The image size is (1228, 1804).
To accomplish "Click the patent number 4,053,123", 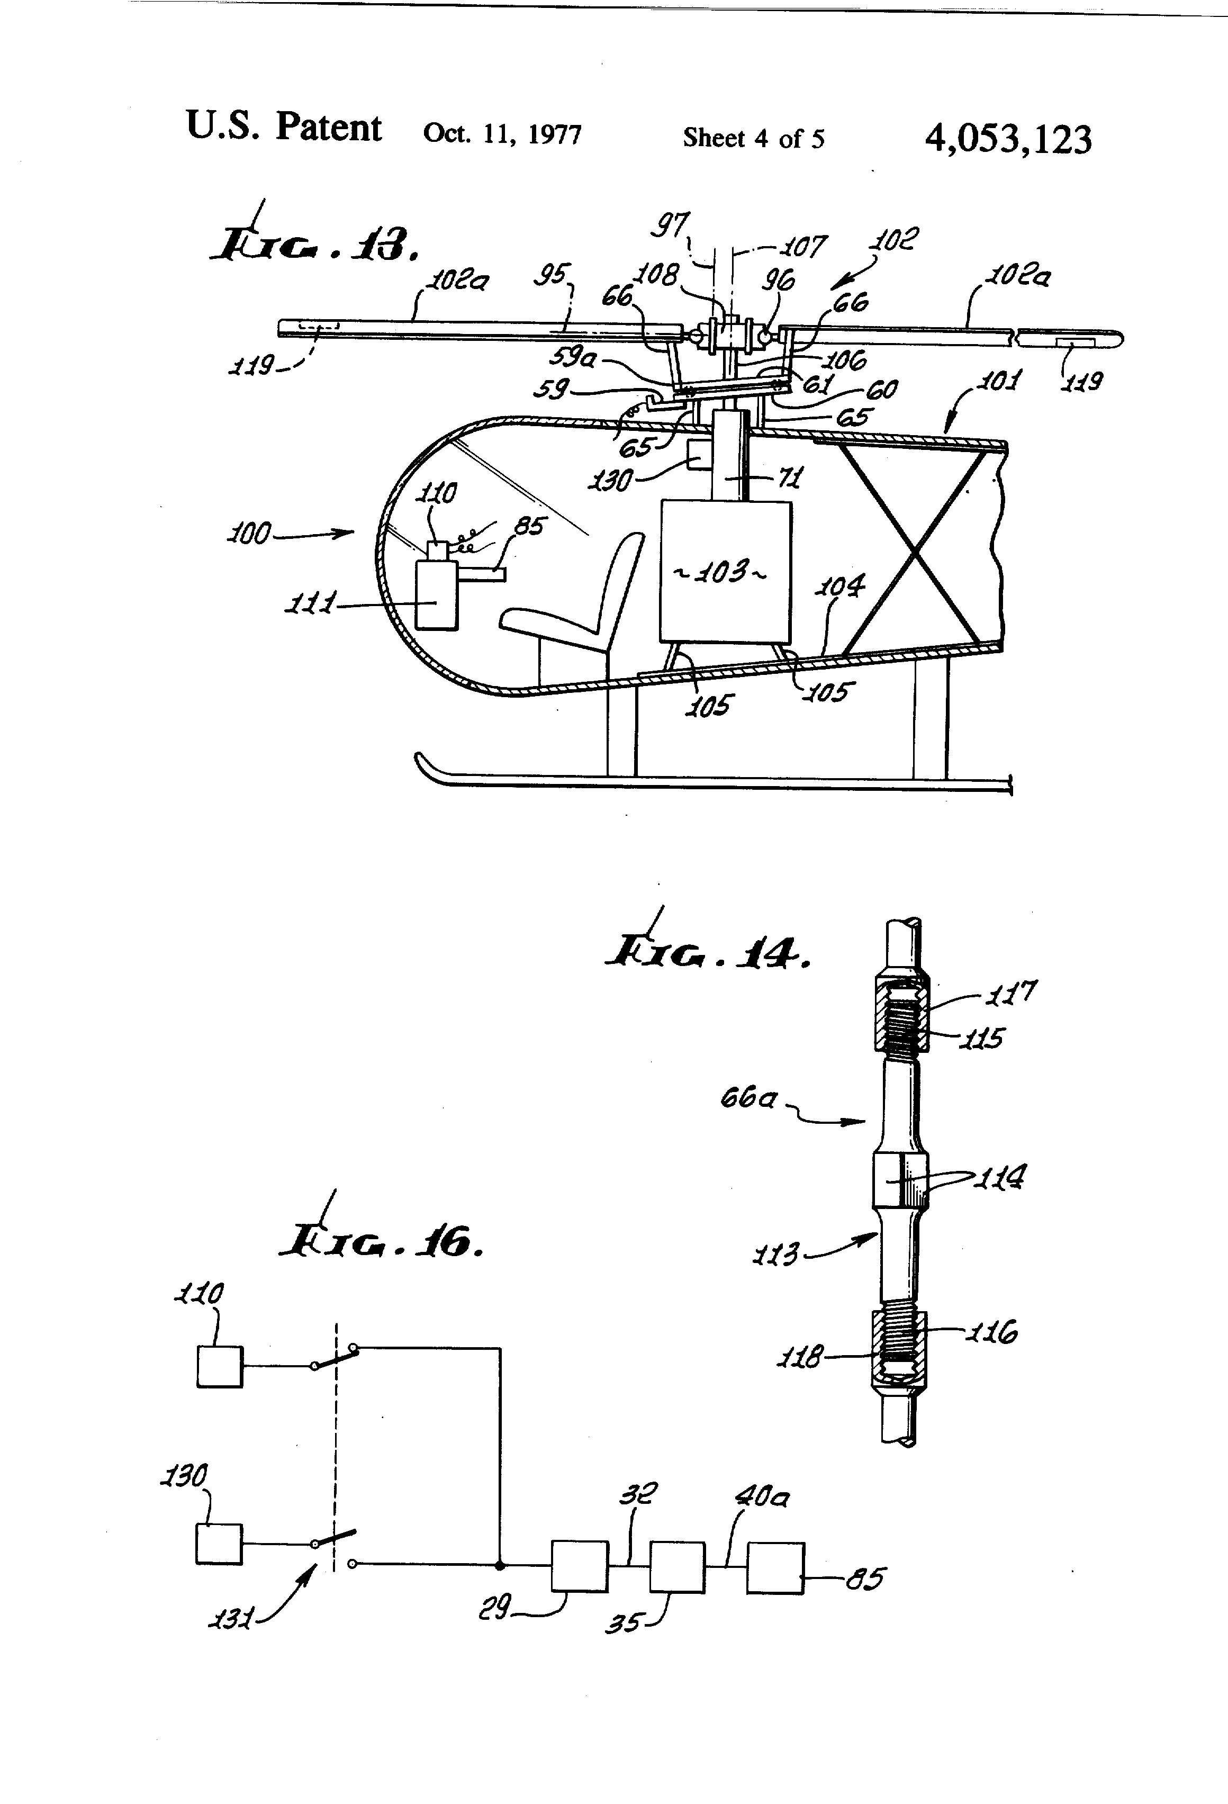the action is [x=1008, y=140].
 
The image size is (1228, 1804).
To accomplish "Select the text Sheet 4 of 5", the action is [x=753, y=138].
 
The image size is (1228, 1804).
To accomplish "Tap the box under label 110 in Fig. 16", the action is [x=220, y=1367].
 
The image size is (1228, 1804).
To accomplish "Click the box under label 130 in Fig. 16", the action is [x=218, y=1545].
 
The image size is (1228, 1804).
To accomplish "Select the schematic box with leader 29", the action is [x=579, y=1566].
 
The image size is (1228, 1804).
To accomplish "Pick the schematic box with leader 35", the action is [x=677, y=1567].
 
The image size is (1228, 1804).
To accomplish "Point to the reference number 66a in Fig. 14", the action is [x=748, y=1098].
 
